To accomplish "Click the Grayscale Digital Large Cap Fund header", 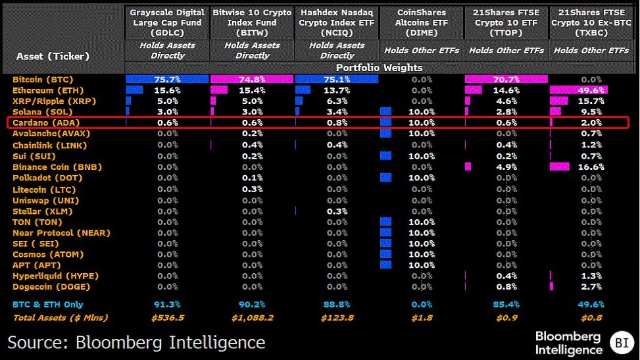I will pos(167,22).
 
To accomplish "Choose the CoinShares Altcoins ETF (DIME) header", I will pos(421,22).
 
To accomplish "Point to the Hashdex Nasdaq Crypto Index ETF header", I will pos(337,22).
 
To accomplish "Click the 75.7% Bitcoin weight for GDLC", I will pos(167,80).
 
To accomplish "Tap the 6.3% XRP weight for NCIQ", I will pos(337,101).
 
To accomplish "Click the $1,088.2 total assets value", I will pos(252,318).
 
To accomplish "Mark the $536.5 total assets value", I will pos(167,318).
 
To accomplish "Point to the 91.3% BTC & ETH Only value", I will pos(167,304).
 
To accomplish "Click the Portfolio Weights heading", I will pos(380,67).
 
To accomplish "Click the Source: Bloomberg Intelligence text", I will pos(137,342).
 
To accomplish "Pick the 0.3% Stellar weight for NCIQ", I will pos(337,211).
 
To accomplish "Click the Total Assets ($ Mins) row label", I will pos(61,318).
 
